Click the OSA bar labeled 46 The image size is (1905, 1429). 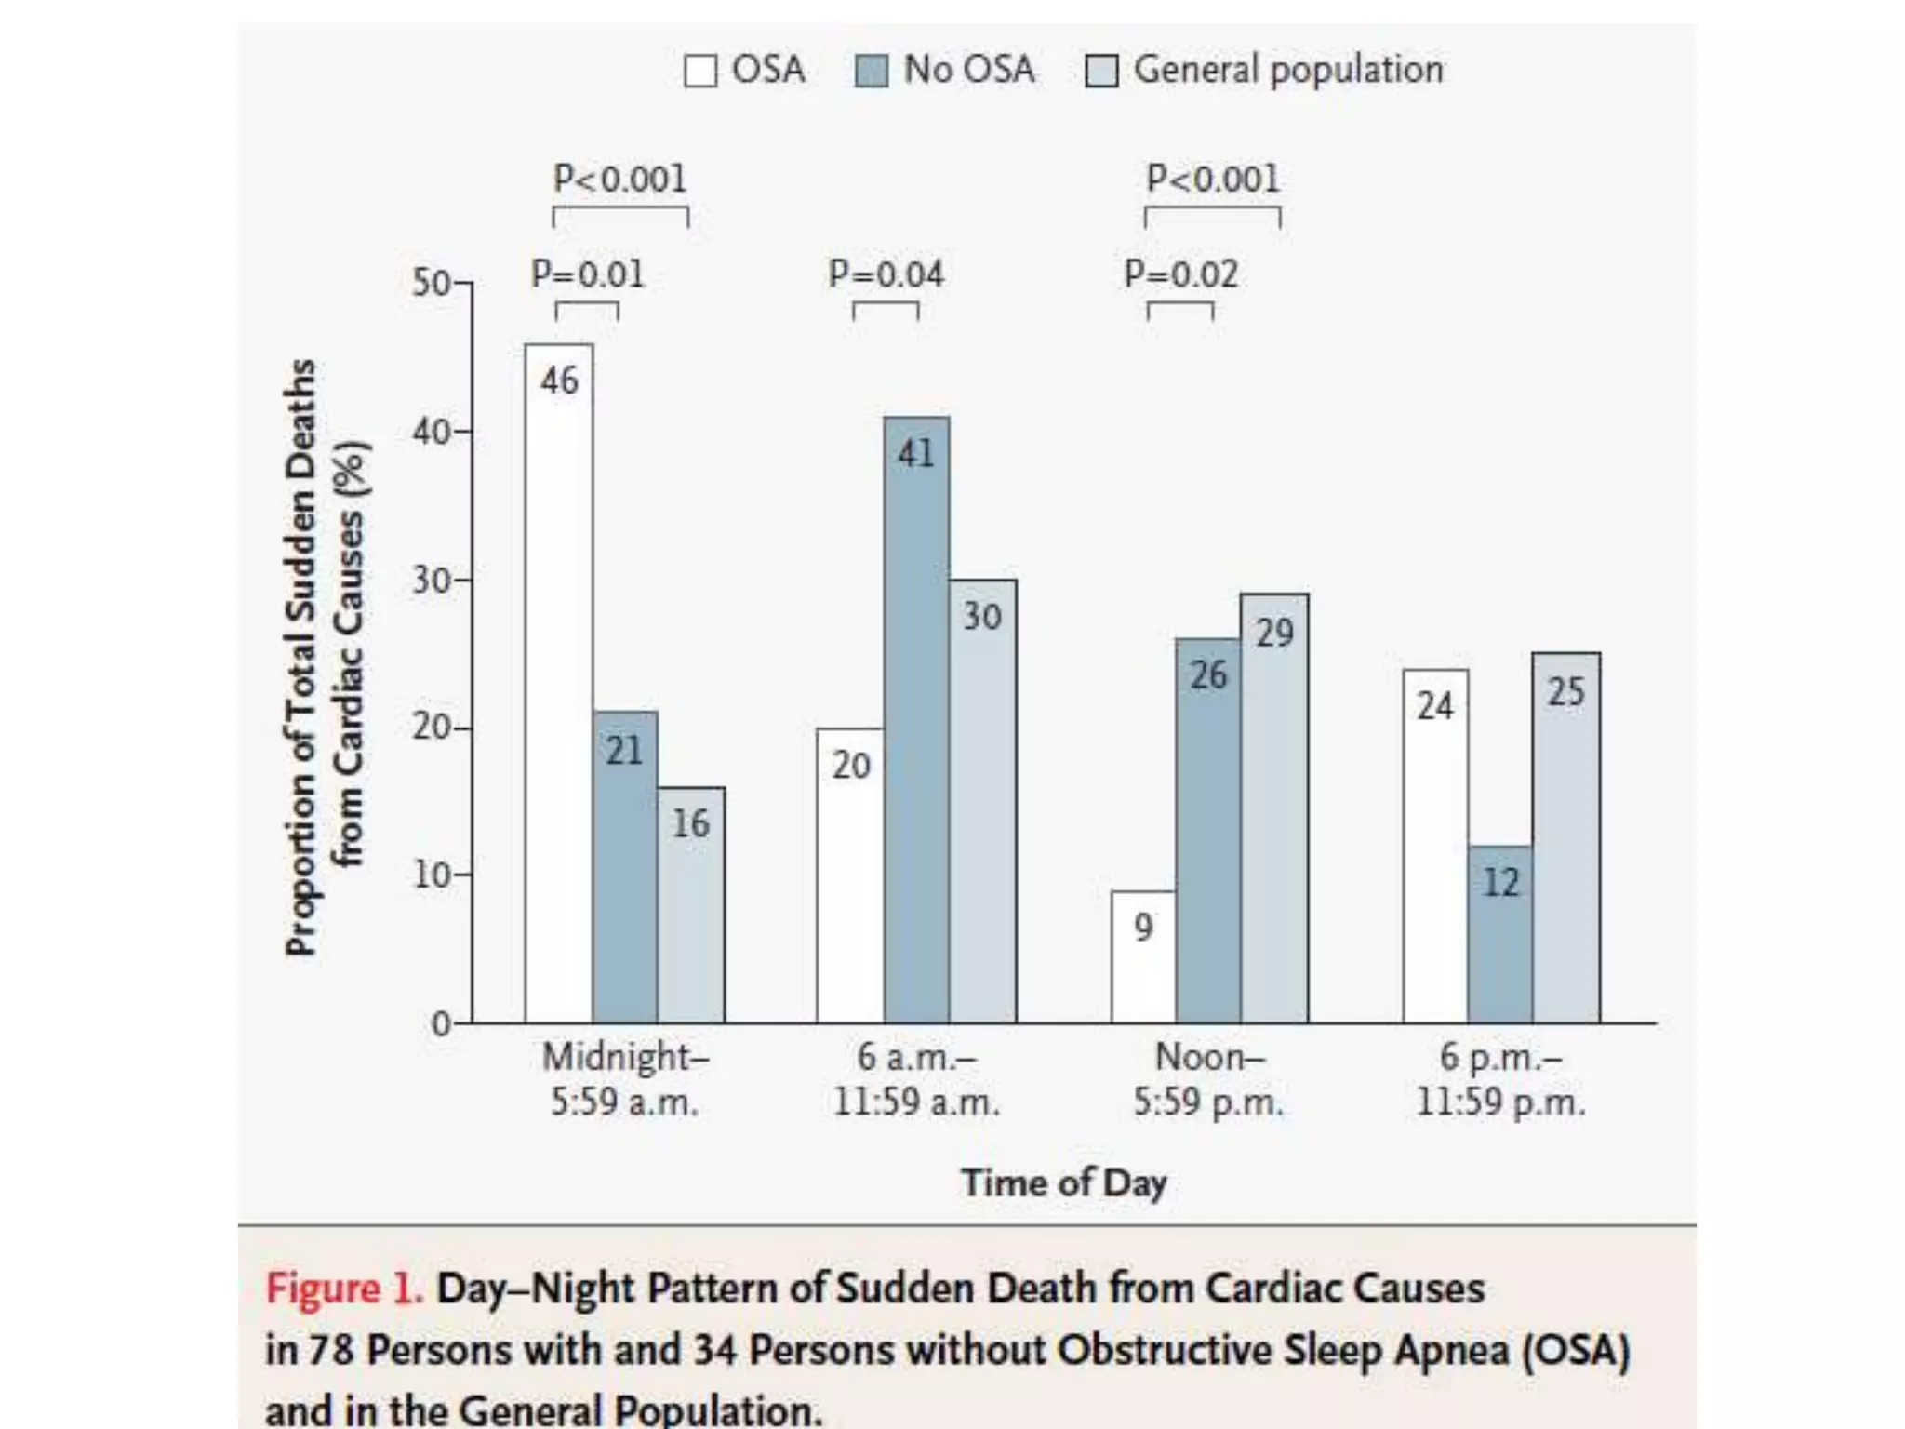[x=558, y=684]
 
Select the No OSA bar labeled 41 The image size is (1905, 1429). [x=916, y=721]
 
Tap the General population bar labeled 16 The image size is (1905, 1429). [x=691, y=905]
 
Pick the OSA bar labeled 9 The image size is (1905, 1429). [x=1143, y=957]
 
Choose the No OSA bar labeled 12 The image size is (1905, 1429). [x=1500, y=934]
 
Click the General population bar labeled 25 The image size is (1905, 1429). [x=1566, y=837]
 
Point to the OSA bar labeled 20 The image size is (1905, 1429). [x=850, y=875]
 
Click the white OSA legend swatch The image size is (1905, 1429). [x=700, y=71]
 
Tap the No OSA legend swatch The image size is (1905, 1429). [x=872, y=71]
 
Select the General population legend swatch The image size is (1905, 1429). [x=1101, y=71]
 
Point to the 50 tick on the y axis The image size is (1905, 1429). [x=433, y=283]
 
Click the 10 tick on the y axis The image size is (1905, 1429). [x=433, y=875]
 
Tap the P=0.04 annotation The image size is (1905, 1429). [x=886, y=274]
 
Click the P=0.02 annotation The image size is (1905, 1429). [x=1181, y=274]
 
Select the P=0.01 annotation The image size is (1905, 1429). [x=587, y=274]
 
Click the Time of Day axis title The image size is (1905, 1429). [x=1064, y=1183]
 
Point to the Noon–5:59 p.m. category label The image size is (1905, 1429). [x=1208, y=1079]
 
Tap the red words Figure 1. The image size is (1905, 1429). [x=344, y=1289]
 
